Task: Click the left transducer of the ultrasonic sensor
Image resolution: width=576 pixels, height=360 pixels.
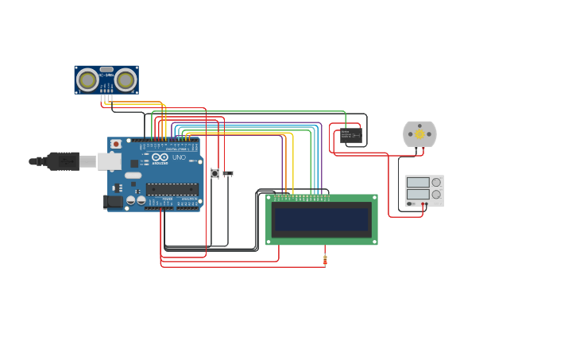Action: point(87,79)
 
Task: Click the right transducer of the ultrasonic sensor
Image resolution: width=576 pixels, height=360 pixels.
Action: point(126,79)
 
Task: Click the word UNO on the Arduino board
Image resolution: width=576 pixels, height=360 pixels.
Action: point(179,157)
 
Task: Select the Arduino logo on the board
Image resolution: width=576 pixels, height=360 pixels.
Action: point(160,157)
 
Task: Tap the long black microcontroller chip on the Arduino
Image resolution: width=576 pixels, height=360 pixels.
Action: point(172,189)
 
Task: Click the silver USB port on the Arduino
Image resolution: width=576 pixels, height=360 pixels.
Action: point(110,161)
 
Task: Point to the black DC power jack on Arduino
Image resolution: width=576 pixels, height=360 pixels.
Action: point(114,202)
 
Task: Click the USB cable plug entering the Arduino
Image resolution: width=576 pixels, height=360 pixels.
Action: point(64,161)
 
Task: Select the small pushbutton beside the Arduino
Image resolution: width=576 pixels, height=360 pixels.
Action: point(215,172)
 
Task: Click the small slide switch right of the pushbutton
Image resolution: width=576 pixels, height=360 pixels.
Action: point(228,172)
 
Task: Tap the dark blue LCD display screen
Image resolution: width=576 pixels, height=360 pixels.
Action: point(321,219)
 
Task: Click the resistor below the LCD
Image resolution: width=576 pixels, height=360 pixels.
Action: point(325,259)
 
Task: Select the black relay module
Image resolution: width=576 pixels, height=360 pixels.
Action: point(350,136)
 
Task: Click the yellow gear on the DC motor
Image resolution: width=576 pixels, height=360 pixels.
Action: point(419,134)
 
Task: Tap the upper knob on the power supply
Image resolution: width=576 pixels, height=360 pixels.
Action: point(435,182)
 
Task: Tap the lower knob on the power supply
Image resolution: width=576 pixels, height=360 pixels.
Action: point(435,195)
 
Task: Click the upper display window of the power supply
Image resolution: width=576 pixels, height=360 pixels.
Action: point(418,182)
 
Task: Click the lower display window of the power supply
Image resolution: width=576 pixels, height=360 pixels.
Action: point(418,195)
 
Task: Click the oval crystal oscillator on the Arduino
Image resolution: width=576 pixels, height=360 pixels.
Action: point(133,176)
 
